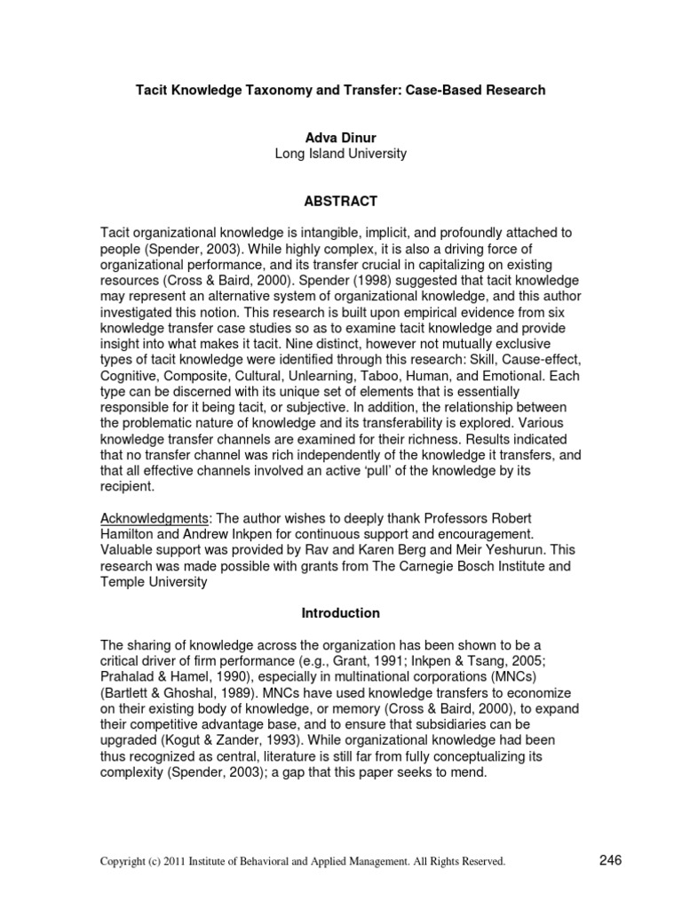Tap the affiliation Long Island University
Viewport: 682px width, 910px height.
pyautogui.click(x=340, y=153)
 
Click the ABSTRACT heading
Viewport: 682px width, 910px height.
pyautogui.click(x=340, y=201)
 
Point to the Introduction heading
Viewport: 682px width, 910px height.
pyautogui.click(x=340, y=613)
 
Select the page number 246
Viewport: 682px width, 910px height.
pyautogui.click(x=611, y=859)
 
